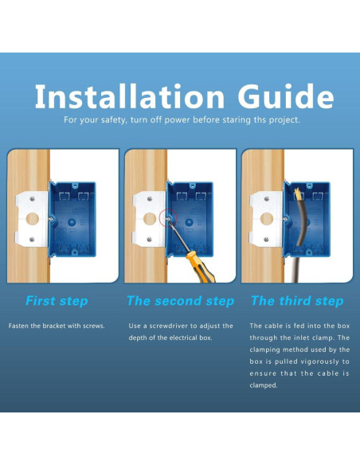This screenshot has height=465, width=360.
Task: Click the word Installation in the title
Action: (x=130, y=96)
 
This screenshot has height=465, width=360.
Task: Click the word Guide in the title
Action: (x=286, y=96)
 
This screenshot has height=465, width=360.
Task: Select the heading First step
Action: (x=57, y=301)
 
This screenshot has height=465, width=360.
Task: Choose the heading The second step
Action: (x=180, y=301)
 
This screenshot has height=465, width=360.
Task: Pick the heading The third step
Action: (x=297, y=301)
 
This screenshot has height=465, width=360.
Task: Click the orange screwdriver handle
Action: (x=201, y=267)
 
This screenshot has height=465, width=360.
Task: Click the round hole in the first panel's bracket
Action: (x=33, y=219)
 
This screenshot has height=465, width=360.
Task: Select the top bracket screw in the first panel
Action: (x=32, y=199)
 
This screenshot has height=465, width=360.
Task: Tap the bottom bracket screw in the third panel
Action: (x=266, y=239)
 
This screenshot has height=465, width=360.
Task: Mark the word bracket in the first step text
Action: (x=53, y=326)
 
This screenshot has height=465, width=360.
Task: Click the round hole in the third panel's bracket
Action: (x=267, y=219)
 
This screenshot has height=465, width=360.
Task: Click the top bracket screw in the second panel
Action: (x=150, y=199)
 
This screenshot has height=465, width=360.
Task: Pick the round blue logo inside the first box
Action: (x=72, y=222)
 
